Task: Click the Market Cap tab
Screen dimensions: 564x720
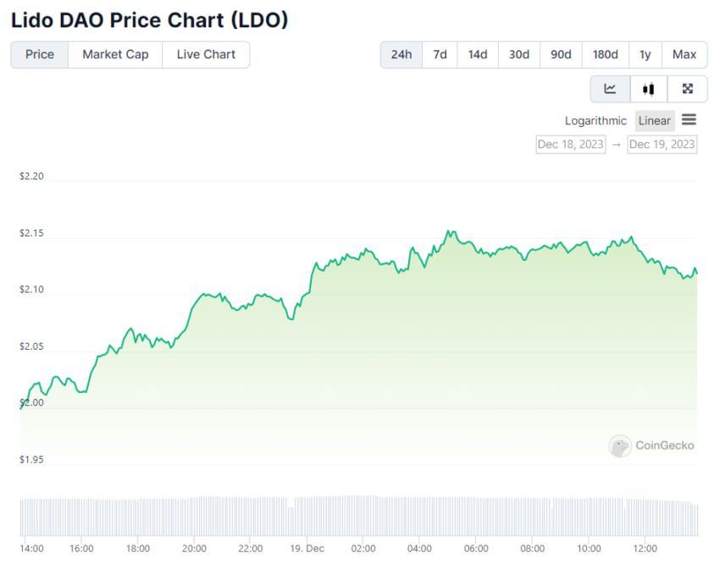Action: pyautogui.click(x=115, y=54)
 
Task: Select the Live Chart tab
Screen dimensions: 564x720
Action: pyautogui.click(x=206, y=54)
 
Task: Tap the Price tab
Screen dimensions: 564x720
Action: pyautogui.click(x=40, y=54)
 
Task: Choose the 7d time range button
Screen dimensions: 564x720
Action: pyautogui.click(x=440, y=54)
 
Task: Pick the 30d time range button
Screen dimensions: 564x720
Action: pyautogui.click(x=519, y=54)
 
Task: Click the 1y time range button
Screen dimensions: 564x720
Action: pyautogui.click(x=645, y=54)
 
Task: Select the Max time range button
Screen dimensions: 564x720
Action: pyautogui.click(x=684, y=54)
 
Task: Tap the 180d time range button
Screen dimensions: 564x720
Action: pyautogui.click(x=605, y=54)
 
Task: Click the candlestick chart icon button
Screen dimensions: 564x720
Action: pyautogui.click(x=649, y=89)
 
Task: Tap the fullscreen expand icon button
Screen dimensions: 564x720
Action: pyautogui.click(x=688, y=89)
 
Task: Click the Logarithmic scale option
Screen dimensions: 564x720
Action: pyautogui.click(x=595, y=120)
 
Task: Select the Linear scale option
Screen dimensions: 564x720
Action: pyautogui.click(x=654, y=120)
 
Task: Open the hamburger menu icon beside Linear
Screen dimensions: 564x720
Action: pyautogui.click(x=689, y=120)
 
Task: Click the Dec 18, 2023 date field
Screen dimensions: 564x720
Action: pyautogui.click(x=571, y=144)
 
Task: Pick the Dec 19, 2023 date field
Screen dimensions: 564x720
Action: pyautogui.click(x=662, y=144)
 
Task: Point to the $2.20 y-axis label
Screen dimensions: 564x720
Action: pyautogui.click(x=31, y=176)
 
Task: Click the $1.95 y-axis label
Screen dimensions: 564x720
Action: pyautogui.click(x=31, y=460)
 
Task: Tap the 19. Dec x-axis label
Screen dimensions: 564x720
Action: pyautogui.click(x=307, y=548)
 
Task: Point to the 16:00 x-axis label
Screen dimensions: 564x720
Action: pyautogui.click(x=81, y=548)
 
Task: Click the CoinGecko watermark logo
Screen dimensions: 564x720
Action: pyautogui.click(x=652, y=445)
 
